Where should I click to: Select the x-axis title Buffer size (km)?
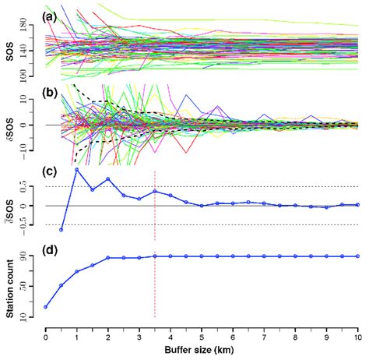(201, 352)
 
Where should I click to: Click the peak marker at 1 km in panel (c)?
(77, 169)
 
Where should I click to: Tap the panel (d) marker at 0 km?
(46, 307)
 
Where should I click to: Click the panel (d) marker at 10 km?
(358, 256)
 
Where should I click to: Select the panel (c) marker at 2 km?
(108, 179)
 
